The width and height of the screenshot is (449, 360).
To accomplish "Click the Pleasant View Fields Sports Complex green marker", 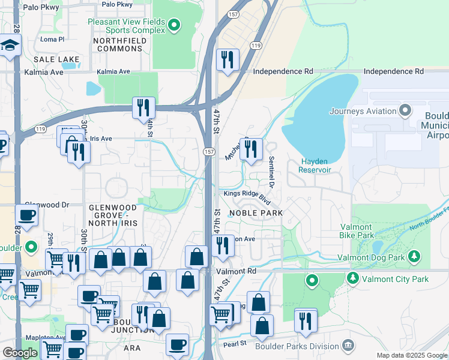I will click(x=174, y=25).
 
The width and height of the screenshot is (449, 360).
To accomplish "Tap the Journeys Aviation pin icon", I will click(x=405, y=110).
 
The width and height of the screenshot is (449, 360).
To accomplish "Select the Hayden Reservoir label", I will click(x=316, y=166).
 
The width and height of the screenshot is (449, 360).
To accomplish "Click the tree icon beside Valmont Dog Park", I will click(x=414, y=257).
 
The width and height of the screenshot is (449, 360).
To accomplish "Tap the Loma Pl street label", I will click(x=52, y=40).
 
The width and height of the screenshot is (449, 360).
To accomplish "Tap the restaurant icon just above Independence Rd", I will click(x=228, y=59).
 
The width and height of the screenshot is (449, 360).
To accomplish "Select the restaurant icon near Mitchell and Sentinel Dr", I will click(x=251, y=148).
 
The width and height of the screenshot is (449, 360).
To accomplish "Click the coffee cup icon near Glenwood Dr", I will click(x=27, y=214).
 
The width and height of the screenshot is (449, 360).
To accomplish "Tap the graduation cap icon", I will click(x=10, y=46).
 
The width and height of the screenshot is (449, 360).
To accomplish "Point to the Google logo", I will click(x=20, y=353).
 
